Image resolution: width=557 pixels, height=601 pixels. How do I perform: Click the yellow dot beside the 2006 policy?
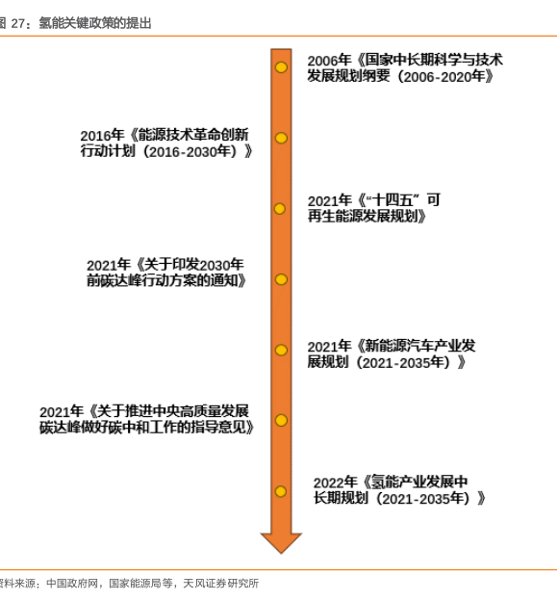(x=281, y=67)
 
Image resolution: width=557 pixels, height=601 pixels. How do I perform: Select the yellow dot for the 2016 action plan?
(x=281, y=138)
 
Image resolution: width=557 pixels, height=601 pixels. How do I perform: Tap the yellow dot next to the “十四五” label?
(x=280, y=209)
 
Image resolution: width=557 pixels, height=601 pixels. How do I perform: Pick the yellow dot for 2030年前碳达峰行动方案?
(x=281, y=279)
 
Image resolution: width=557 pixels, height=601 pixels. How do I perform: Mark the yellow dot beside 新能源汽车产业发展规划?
(x=281, y=350)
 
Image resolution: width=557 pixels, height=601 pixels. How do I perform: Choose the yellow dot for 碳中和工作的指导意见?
(x=281, y=421)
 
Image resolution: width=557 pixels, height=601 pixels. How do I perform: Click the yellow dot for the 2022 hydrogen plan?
(x=281, y=491)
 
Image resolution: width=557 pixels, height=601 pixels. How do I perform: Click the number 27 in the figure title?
(x=17, y=23)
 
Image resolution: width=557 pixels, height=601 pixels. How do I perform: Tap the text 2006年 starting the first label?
(x=329, y=60)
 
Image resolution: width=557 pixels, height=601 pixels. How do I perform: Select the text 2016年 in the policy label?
(x=102, y=135)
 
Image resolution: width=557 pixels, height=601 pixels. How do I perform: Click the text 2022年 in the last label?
(x=336, y=483)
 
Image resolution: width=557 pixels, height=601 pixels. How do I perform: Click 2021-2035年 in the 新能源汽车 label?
(x=403, y=362)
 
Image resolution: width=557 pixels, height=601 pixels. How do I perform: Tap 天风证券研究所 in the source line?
(x=221, y=584)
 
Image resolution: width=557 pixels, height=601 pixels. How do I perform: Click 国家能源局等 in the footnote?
(x=140, y=584)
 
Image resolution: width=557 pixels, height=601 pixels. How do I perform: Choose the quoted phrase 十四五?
(x=392, y=200)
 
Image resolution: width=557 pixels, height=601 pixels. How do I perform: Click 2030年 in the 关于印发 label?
(x=221, y=265)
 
